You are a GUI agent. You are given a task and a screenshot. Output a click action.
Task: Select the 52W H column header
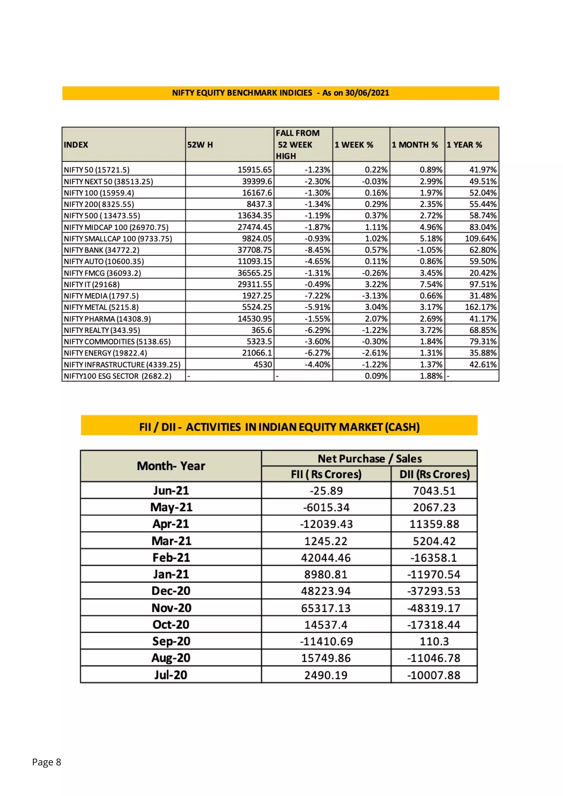(200, 145)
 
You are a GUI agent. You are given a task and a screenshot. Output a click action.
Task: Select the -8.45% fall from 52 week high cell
(317, 250)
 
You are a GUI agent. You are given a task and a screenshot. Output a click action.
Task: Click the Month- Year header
(171, 466)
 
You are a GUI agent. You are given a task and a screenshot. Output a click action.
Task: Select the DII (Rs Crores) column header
(434, 474)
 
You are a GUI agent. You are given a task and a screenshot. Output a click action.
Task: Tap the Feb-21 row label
(171, 557)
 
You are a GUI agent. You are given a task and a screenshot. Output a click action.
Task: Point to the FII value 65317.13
(326, 608)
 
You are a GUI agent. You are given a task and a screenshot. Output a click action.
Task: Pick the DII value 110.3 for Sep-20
(434, 641)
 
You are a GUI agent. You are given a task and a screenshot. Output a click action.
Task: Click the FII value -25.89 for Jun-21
(326, 491)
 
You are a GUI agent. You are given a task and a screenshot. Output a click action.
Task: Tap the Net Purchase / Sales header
(369, 459)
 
